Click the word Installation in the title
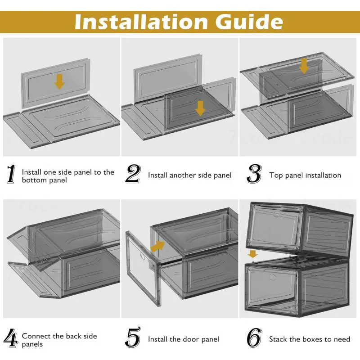click(141, 22)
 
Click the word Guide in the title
click(249, 22)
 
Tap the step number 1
click(11, 174)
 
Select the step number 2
click(133, 174)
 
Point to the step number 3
click(254, 174)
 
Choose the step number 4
click(11, 338)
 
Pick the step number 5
click(133, 337)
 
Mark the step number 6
click(254, 338)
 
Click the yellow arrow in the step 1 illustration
click(59, 82)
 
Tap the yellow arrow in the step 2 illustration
click(200, 108)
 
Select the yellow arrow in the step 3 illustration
click(304, 66)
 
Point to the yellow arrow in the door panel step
click(158, 247)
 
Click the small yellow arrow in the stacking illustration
click(252, 254)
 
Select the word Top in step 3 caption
click(274, 175)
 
